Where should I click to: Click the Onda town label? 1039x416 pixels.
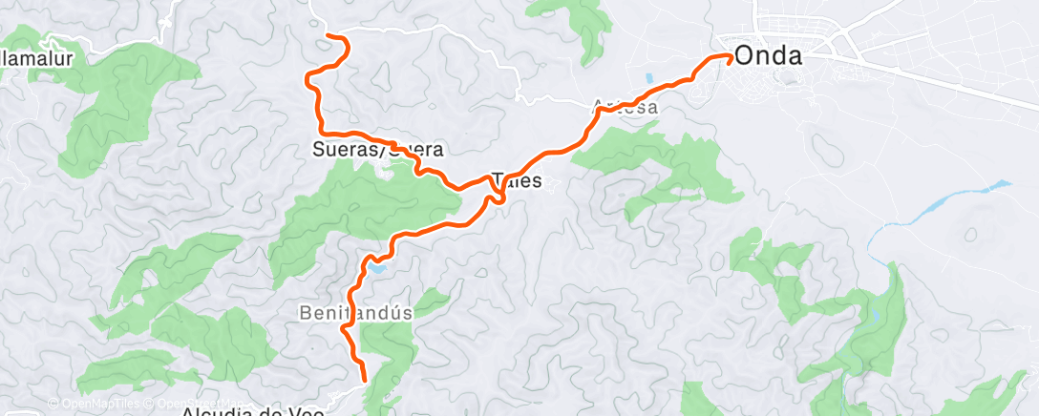[x=767, y=56]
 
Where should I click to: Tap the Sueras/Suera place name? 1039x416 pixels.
[x=378, y=150]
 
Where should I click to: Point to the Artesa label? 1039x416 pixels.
[x=626, y=108]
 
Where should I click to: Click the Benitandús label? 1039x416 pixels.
[x=355, y=312]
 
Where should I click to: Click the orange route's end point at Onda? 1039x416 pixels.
[x=731, y=57]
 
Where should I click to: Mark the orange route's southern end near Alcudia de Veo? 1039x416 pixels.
[x=364, y=381]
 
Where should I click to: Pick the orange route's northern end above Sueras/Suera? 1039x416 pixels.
[x=329, y=35]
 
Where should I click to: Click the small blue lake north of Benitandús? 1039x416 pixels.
[x=377, y=270]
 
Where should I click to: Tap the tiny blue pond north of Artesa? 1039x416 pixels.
[x=649, y=78]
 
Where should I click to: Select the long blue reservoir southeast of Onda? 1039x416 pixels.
[x=955, y=200]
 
